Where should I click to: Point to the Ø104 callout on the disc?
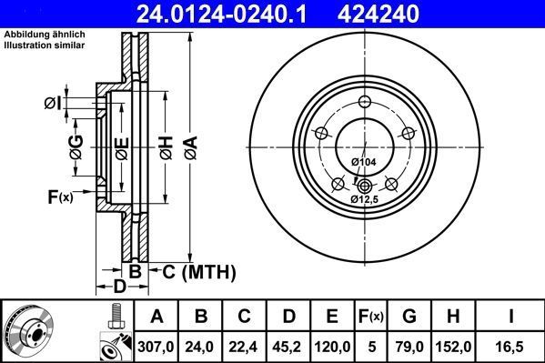(363, 162)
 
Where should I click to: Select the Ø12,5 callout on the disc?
(366, 197)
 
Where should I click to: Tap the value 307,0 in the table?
(156, 345)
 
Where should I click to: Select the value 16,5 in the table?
(513, 345)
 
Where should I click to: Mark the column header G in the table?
(410, 317)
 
